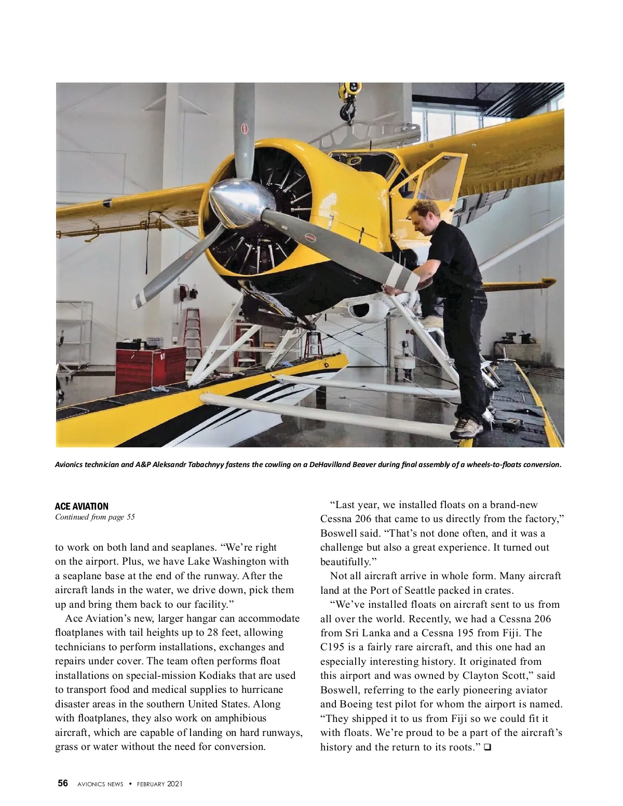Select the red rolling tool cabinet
pyautogui.click(x=151, y=365)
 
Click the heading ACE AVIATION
pyautogui.click(x=82, y=506)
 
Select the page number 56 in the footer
pyautogui.click(x=63, y=783)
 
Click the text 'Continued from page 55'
pyautogui.click(x=95, y=517)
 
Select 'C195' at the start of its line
pyautogui.click(x=332, y=647)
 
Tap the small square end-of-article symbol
pyautogui.click(x=487, y=747)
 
